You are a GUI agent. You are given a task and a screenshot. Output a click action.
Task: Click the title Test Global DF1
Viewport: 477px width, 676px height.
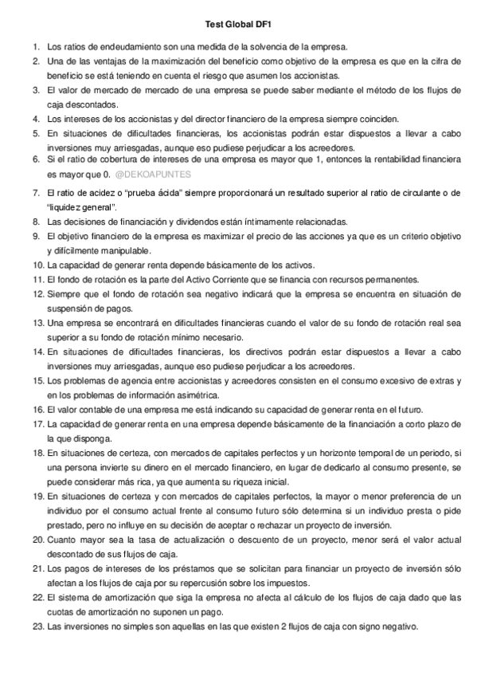[238, 26]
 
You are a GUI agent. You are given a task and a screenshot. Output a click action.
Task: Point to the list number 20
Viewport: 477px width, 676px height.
[37, 540]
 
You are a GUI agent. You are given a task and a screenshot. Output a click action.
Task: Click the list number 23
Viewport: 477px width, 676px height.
[37, 626]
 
